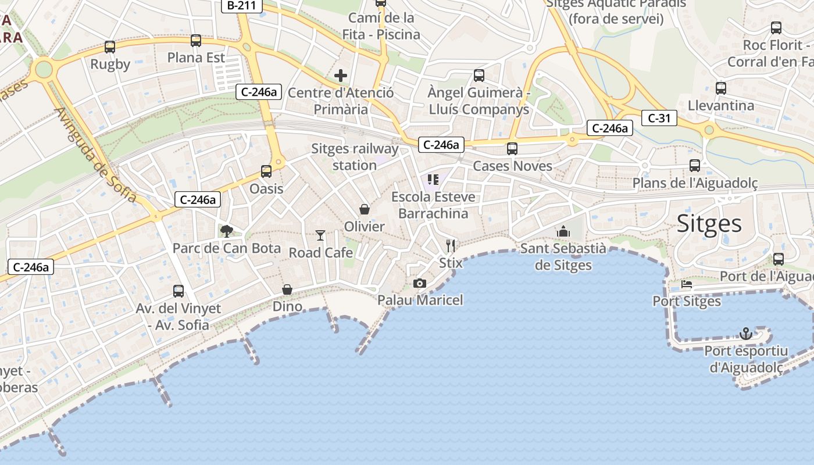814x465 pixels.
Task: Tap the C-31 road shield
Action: tap(659, 118)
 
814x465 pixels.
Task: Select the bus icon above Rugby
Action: tap(110, 47)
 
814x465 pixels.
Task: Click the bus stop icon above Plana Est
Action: tap(196, 41)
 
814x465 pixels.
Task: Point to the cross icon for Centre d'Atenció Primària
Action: tap(341, 76)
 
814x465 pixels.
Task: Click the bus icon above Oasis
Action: tap(266, 171)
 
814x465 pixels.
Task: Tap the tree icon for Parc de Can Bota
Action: tap(226, 231)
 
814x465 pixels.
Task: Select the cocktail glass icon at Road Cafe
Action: tap(320, 235)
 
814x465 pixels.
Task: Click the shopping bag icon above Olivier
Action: tap(365, 209)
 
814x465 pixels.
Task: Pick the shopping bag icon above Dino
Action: tap(287, 289)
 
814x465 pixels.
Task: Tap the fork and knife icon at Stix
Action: tap(451, 246)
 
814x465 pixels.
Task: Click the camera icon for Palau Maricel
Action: tap(419, 283)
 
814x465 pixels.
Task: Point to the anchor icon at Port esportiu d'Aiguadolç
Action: tap(746, 334)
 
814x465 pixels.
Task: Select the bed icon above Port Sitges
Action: tap(687, 285)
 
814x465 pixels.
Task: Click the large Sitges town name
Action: tap(709, 224)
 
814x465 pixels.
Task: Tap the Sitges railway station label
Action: tap(355, 157)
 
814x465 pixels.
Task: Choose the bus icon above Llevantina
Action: tap(721, 88)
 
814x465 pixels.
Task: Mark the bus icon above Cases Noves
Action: tap(512, 149)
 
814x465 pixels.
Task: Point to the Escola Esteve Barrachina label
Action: tap(433, 205)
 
